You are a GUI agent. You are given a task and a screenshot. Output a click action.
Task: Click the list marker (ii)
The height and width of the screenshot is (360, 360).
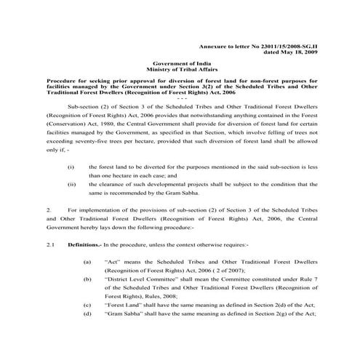pos(71,185)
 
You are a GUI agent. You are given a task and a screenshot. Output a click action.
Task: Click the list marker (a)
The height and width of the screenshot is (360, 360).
pos(87,260)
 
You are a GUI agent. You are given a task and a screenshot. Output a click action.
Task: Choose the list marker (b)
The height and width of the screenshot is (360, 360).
pos(87,279)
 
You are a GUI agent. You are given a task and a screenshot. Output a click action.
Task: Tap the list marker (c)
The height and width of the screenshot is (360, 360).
pos(87,305)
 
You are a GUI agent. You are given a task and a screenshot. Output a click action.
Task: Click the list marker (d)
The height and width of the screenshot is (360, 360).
pos(87,313)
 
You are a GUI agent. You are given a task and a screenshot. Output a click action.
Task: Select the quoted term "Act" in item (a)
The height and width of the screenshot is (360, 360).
pos(113,260)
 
